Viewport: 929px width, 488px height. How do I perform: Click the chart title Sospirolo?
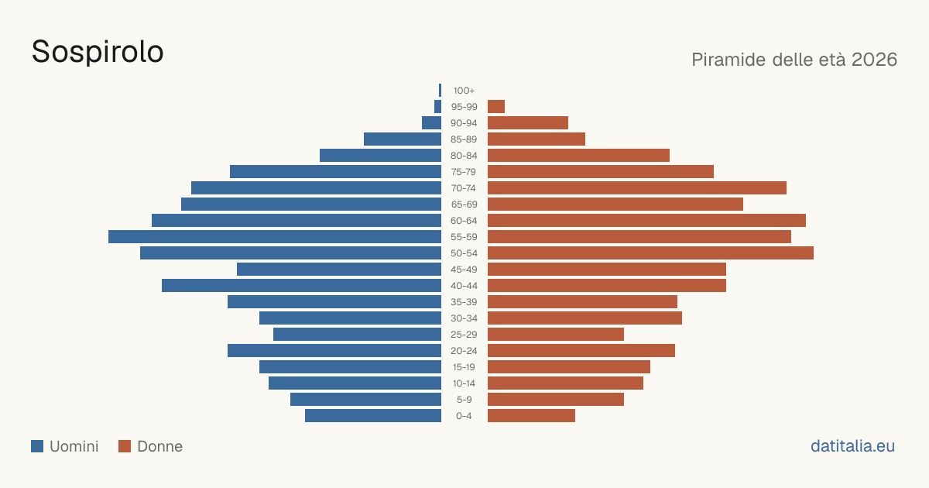pyautogui.click(x=98, y=52)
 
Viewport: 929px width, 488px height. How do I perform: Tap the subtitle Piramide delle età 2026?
pyautogui.click(x=794, y=60)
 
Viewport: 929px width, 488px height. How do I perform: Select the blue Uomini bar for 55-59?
pyautogui.click(x=275, y=236)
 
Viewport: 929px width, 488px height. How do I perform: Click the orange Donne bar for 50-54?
pyautogui.click(x=650, y=253)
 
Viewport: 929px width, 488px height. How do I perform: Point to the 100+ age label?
pyautogui.click(x=464, y=91)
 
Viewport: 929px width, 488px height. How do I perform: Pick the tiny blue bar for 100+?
pyautogui.click(x=440, y=91)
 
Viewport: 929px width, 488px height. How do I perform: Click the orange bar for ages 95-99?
pyautogui.click(x=496, y=107)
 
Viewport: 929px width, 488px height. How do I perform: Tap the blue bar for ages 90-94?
pyautogui.click(x=431, y=123)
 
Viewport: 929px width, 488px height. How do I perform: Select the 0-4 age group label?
pyautogui.click(x=464, y=416)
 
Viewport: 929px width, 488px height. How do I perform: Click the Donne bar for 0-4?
pyautogui.click(x=531, y=416)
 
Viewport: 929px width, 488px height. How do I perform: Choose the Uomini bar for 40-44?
pyautogui.click(x=301, y=286)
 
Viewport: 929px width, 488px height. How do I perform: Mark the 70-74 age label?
pyautogui.click(x=464, y=188)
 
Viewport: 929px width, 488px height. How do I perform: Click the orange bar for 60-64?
pyautogui.click(x=646, y=220)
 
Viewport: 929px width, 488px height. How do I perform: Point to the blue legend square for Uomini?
pyautogui.click(x=37, y=446)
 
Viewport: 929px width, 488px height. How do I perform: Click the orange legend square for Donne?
pyautogui.click(x=125, y=446)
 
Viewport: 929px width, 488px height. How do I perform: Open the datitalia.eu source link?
pyautogui.click(x=852, y=446)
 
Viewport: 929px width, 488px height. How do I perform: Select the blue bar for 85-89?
pyautogui.click(x=403, y=139)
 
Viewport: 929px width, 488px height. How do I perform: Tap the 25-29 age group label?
pyautogui.click(x=464, y=335)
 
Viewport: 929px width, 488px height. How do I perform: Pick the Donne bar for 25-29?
pyautogui.click(x=556, y=335)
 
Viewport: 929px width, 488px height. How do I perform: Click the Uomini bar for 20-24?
pyautogui.click(x=334, y=351)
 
